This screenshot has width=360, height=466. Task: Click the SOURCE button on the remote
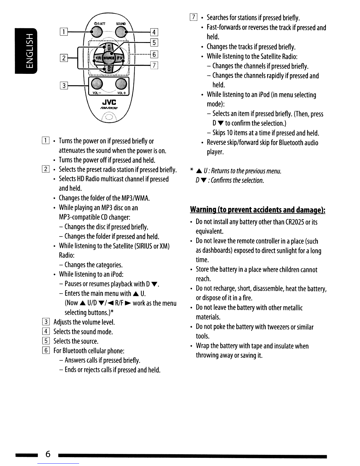(x=109, y=58)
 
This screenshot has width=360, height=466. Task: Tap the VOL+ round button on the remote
(x=121, y=84)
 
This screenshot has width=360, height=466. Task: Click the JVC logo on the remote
(x=109, y=102)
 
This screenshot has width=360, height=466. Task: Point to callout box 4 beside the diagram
(x=154, y=32)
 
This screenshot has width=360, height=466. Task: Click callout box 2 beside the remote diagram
(x=64, y=58)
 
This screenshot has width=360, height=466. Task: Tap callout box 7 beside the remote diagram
(x=154, y=65)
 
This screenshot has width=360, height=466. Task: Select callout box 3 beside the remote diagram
(x=64, y=86)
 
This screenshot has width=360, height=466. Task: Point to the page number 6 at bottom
(x=48, y=454)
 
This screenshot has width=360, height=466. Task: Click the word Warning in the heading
(x=203, y=209)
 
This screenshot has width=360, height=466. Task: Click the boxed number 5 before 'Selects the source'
(x=46, y=341)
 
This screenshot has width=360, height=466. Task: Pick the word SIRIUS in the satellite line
(x=144, y=246)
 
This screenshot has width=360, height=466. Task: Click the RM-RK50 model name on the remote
(x=109, y=108)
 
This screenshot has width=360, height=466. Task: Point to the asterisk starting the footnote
(x=192, y=170)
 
